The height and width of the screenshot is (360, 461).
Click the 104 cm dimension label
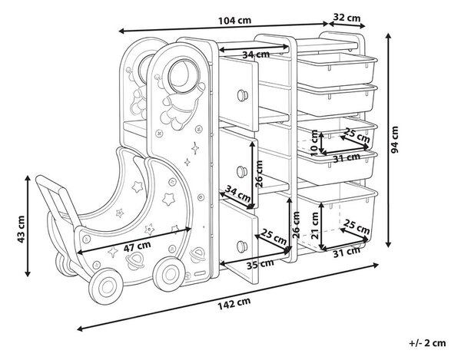234,21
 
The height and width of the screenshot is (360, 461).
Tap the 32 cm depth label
347,18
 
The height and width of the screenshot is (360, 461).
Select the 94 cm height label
395,140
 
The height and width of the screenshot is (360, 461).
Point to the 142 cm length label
234,303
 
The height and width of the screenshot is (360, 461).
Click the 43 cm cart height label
21,230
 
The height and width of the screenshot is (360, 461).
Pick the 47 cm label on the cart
137,246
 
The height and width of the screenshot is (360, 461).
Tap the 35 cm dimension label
260,263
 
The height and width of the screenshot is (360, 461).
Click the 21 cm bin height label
315,226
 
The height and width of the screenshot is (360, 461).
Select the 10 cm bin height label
314,143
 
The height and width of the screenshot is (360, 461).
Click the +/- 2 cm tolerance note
428,342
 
